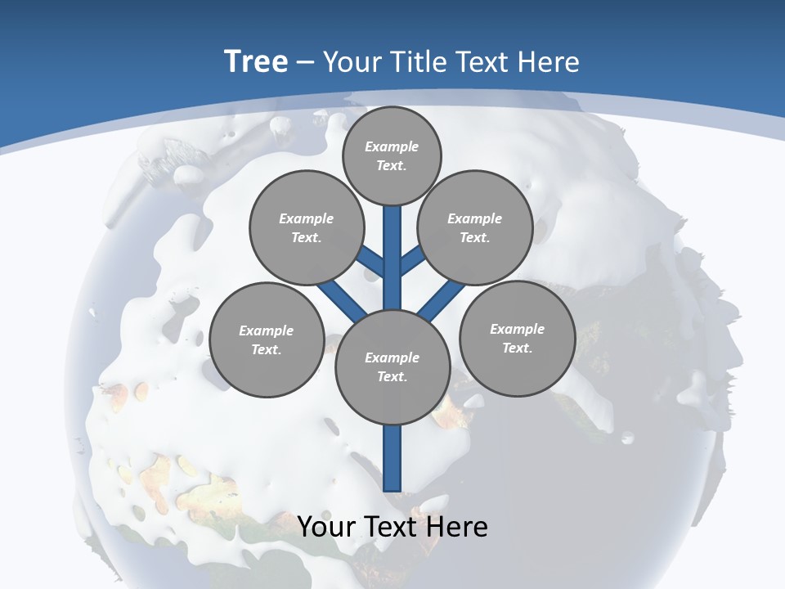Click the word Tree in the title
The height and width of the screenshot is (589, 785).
point(256,61)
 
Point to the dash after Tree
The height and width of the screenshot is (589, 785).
point(306,62)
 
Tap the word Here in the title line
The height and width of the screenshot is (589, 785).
point(549,61)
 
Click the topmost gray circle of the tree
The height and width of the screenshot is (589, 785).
point(392,156)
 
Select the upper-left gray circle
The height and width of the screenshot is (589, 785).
point(307,227)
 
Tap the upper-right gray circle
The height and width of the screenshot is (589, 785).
point(475,227)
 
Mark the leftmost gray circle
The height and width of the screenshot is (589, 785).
point(267,339)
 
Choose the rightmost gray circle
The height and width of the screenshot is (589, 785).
point(517,338)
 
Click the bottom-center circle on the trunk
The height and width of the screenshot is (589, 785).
point(392,367)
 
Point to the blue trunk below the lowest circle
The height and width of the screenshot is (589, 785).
point(392,458)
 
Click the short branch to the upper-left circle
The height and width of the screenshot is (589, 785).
point(371,262)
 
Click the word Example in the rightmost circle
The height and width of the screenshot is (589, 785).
point(517,329)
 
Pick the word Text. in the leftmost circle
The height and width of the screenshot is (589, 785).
point(267,349)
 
